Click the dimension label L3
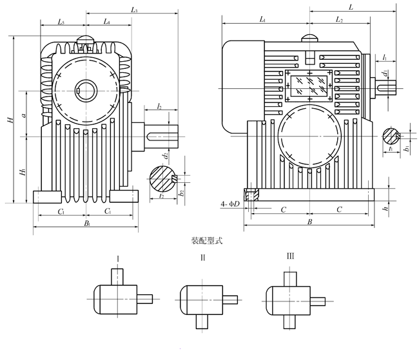point(135,10)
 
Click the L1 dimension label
point(263,21)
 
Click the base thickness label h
point(385,209)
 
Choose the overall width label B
point(309,222)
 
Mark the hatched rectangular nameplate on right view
point(309,86)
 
